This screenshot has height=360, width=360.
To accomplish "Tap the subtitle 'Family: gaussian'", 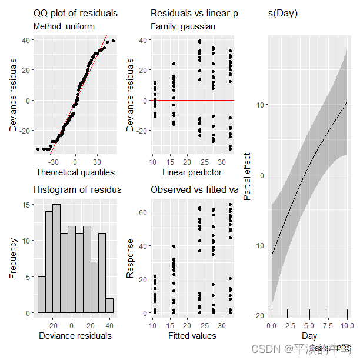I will [183, 26].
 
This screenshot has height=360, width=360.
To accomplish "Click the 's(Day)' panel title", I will [283, 13].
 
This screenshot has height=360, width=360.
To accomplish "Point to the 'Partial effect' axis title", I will [247, 176].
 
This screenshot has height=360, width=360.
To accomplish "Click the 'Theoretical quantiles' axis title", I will [75, 172].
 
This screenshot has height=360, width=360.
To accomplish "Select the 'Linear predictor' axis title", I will [192, 172].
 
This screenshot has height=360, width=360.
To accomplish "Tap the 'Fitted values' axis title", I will [192, 336].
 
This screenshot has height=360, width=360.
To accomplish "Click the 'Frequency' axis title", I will [13, 258].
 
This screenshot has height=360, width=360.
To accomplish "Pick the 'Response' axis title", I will [131, 258].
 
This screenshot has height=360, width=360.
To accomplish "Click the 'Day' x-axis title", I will [309, 335].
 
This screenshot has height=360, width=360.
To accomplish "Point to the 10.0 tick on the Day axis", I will [347, 325].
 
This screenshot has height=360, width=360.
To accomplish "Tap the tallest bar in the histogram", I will [56, 259].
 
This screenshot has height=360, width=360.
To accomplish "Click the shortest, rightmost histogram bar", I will [109, 305].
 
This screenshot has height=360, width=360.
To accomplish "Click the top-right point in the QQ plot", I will [113, 41].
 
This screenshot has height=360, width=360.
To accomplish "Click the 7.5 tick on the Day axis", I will [328, 325].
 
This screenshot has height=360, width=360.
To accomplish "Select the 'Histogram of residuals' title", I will [77, 189].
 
